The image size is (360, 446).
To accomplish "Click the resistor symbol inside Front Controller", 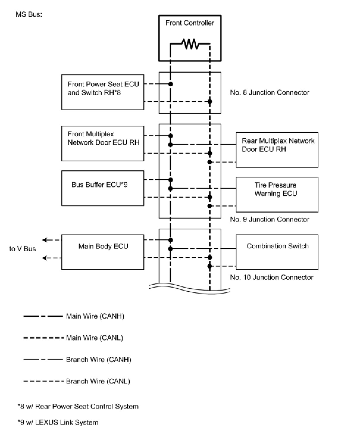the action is pos(190,44).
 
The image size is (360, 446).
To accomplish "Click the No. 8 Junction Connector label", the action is pos(270,92).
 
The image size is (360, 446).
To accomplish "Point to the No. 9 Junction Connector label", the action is pos(270,219).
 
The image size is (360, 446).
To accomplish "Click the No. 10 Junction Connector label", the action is pos(272,277).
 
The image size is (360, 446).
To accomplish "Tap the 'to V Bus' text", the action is pos(23,249).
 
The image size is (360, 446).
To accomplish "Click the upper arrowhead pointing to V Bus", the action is pos(44,240).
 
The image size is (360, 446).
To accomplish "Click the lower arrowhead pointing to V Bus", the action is pos(44,258).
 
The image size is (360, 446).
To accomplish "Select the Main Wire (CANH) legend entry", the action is pos(74,316).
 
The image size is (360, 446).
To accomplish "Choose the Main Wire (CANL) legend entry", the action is pos(73,338).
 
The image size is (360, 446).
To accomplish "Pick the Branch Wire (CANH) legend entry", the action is pos(77,360).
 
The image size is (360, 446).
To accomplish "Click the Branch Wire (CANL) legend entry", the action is pos(77,381).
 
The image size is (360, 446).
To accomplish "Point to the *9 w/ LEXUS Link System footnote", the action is pos(58,422).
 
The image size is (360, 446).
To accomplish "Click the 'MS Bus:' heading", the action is pos(29,14).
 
